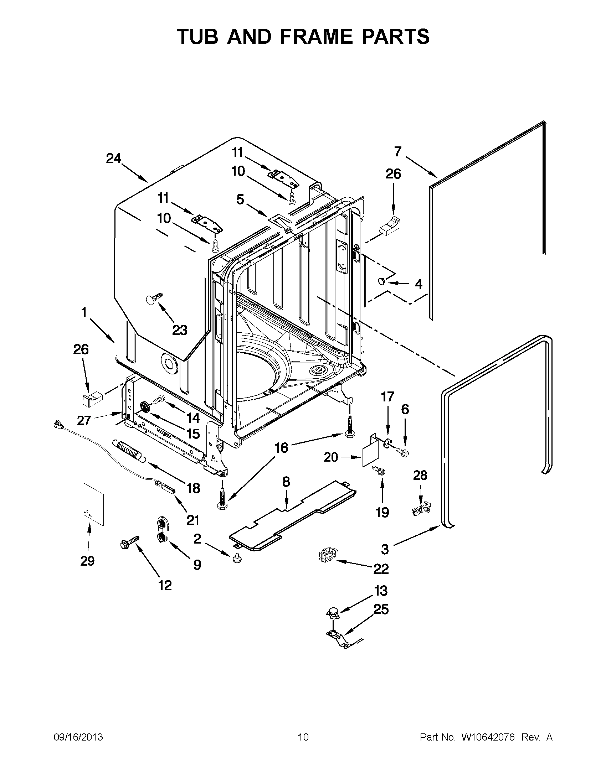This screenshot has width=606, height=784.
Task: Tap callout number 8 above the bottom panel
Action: [286, 482]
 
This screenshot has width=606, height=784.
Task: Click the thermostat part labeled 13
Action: [333, 613]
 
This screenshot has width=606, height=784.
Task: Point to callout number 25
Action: [381, 609]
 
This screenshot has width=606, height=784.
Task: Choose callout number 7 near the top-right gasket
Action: [397, 152]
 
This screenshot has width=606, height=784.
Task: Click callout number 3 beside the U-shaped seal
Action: [385, 549]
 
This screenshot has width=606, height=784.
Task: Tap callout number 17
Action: [387, 397]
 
